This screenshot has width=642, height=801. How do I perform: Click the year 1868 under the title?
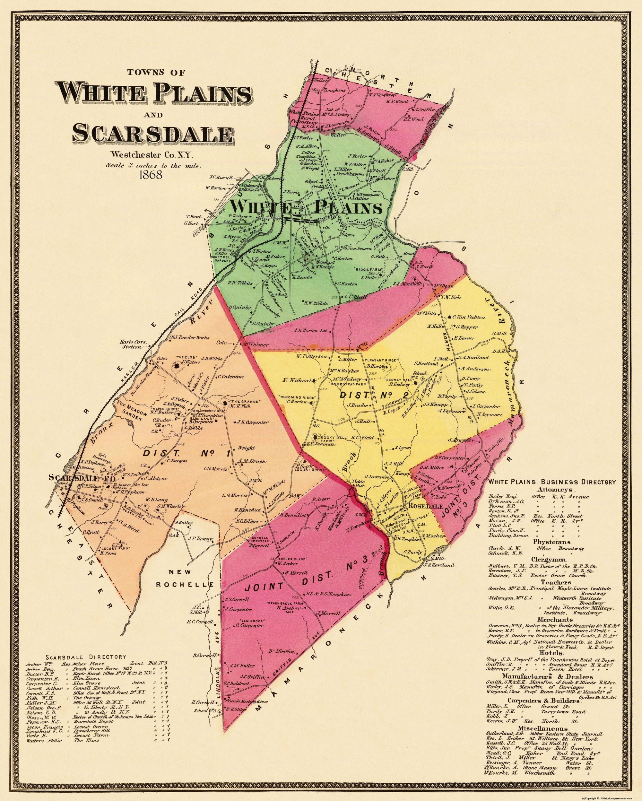pyautogui.click(x=151, y=175)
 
